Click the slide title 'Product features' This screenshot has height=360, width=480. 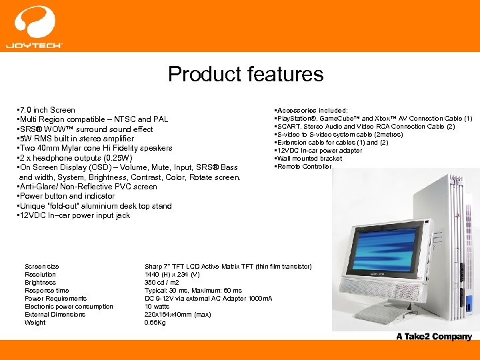245,74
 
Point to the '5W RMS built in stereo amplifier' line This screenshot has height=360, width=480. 81,139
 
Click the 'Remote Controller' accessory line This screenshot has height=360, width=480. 303,167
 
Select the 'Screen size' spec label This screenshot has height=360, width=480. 41,267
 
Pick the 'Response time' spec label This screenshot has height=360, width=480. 47,291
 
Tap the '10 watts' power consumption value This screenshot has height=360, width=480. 157,307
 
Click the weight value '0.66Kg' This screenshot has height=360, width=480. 156,323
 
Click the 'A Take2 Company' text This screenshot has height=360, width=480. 433,337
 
